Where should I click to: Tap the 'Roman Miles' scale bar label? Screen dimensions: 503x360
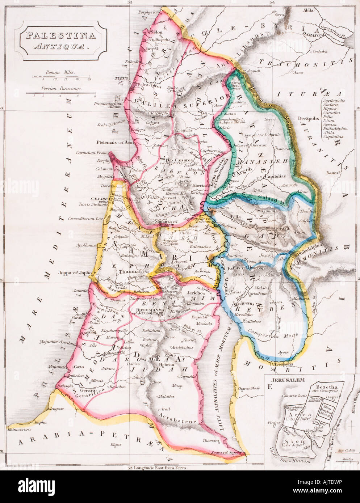[60, 72]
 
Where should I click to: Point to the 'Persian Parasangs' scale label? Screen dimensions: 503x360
[60, 88]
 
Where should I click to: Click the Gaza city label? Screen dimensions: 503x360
[79, 367]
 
